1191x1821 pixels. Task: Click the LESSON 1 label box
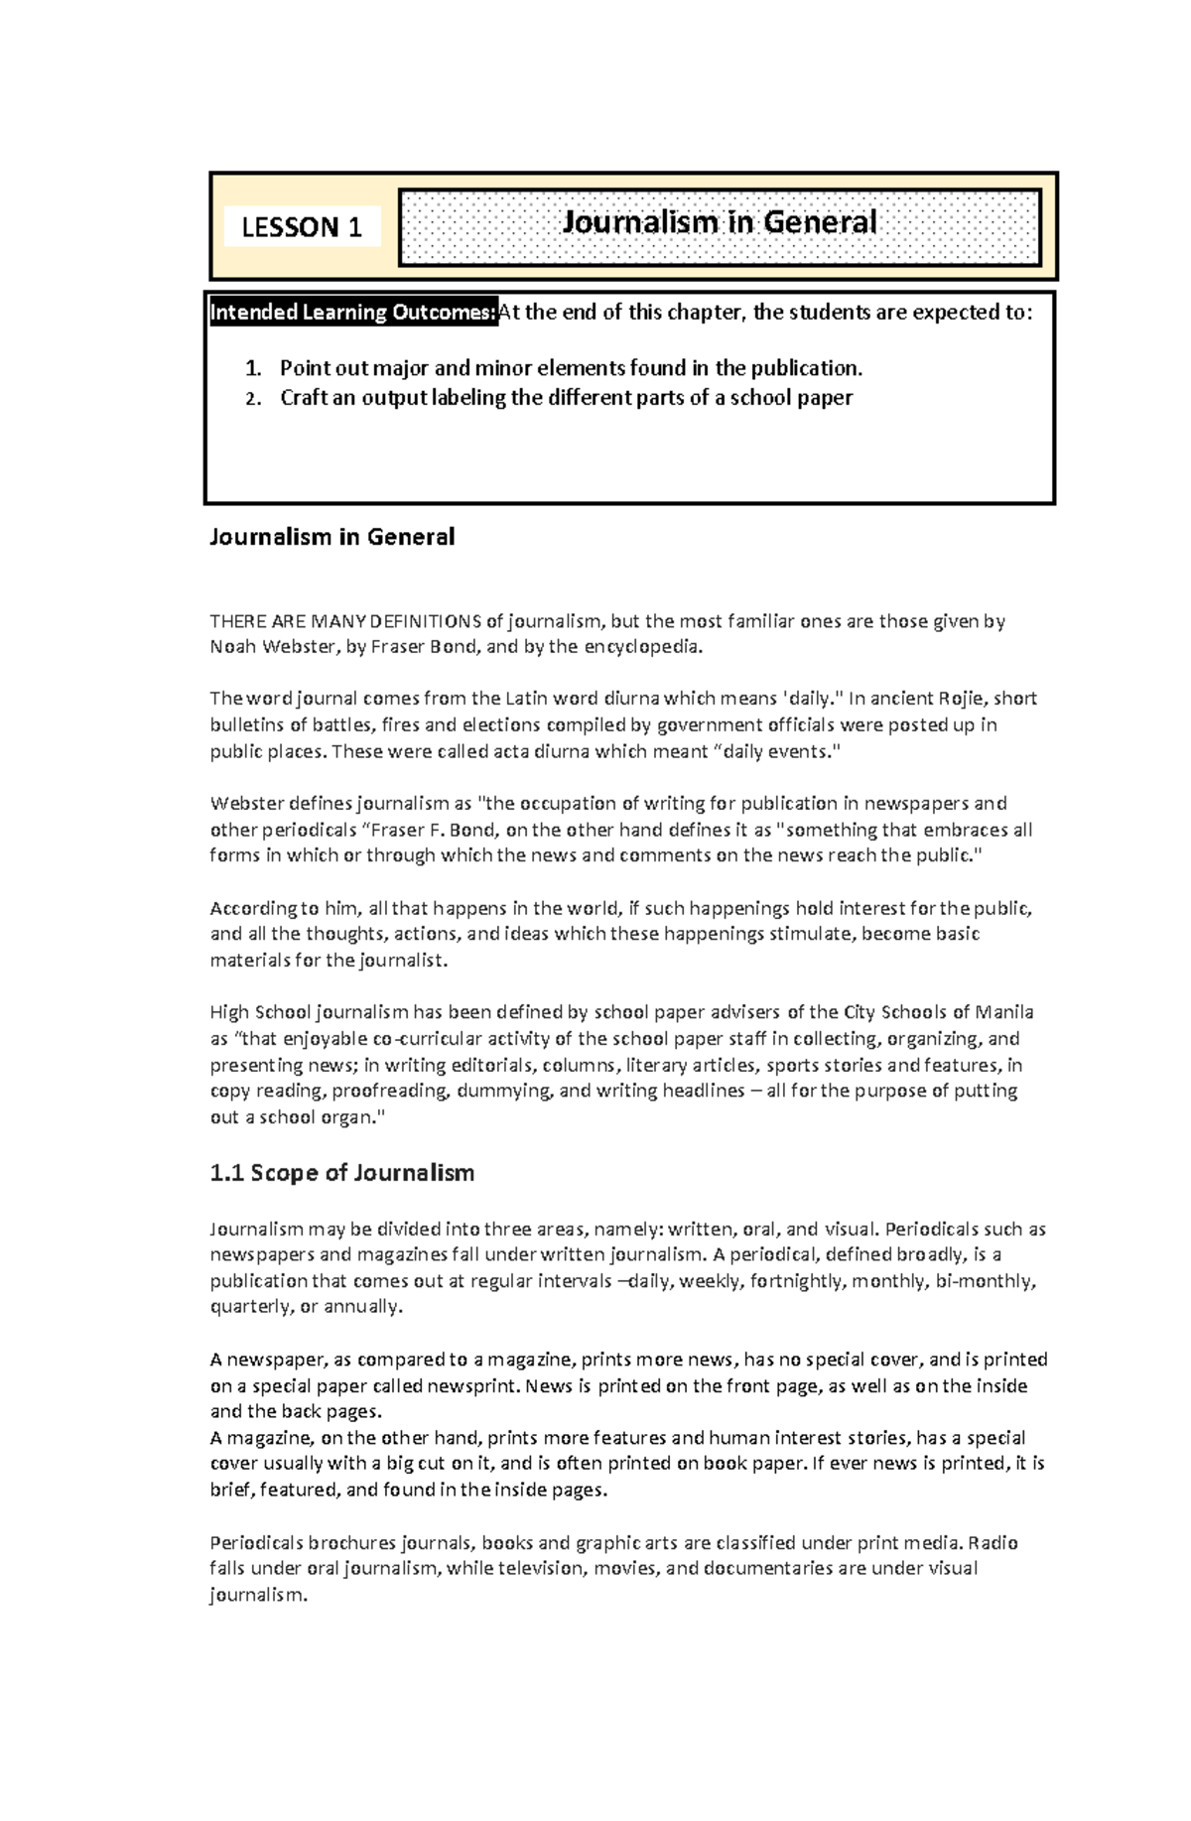(302, 227)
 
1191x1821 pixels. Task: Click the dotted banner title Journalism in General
(720, 222)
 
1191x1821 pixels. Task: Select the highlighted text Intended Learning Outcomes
(352, 313)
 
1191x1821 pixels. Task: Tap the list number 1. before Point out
(253, 368)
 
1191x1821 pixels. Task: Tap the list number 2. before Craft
(253, 399)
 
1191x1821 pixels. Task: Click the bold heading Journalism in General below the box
(331, 537)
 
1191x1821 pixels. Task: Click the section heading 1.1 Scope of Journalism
(341, 1173)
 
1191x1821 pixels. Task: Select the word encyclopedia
(642, 647)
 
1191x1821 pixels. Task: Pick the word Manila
(1004, 1012)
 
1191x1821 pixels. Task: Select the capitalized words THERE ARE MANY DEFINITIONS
(345, 621)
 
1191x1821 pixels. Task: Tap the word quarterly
(249, 1307)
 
